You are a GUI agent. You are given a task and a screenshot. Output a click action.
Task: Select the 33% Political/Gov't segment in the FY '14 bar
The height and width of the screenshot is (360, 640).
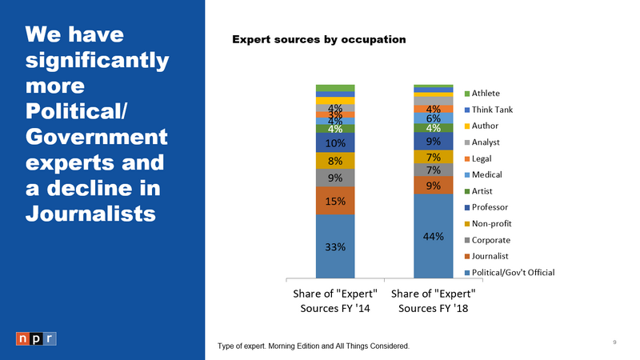coord(335,246)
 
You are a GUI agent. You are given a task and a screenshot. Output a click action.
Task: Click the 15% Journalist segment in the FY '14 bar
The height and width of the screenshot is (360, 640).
coord(335,201)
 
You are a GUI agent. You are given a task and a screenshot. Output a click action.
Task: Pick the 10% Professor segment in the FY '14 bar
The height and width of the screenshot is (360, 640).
coord(335,142)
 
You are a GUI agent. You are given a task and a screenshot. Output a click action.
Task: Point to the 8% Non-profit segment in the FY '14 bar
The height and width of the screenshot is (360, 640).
coord(335,160)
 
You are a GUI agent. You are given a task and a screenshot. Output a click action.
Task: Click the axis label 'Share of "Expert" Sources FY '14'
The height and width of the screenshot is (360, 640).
coord(335,301)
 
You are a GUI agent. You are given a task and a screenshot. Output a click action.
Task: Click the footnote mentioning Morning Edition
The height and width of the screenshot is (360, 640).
coord(314,346)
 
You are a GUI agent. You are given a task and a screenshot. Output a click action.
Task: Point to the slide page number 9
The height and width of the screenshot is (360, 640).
coord(614,342)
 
